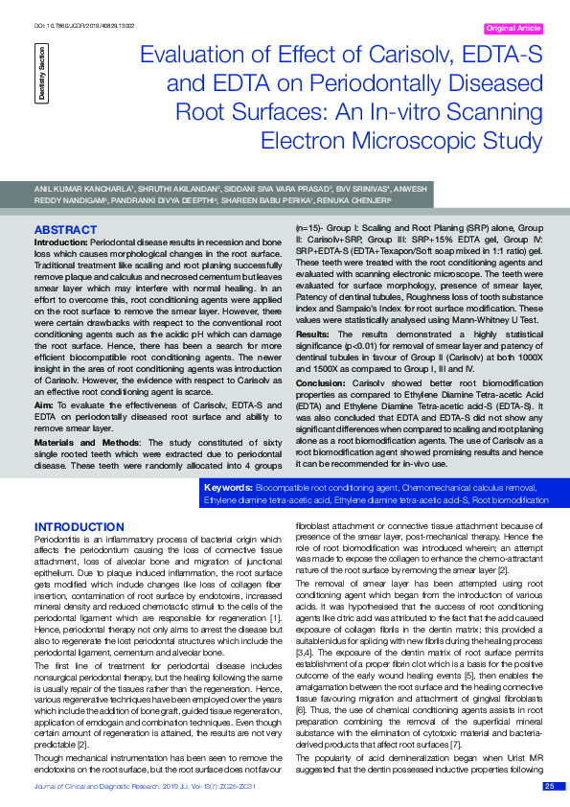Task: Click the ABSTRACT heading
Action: (64, 231)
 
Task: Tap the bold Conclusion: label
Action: (322, 381)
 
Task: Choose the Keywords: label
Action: (228, 488)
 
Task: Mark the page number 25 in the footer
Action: (549, 786)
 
